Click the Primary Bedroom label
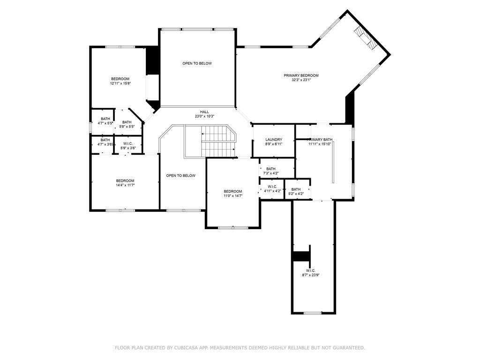tap(301, 75)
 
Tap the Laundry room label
tap(273, 140)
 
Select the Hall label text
tap(204, 112)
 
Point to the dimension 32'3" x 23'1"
tap(301, 80)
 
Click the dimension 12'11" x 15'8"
tap(120, 83)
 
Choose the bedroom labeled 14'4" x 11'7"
tap(125, 183)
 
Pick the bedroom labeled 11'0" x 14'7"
tap(232, 193)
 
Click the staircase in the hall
tap(210, 141)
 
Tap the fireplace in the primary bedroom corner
tap(365, 37)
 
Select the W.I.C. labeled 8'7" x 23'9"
tap(310, 273)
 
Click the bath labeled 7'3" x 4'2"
tap(271, 171)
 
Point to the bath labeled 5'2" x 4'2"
tap(296, 191)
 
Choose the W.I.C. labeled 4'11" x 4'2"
tap(272, 189)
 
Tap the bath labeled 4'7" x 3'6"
tap(105, 142)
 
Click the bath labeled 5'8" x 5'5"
tap(127, 124)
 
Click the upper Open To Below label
tap(197, 63)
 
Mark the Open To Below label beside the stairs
tap(180, 176)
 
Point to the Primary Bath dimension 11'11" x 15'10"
tap(320, 144)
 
